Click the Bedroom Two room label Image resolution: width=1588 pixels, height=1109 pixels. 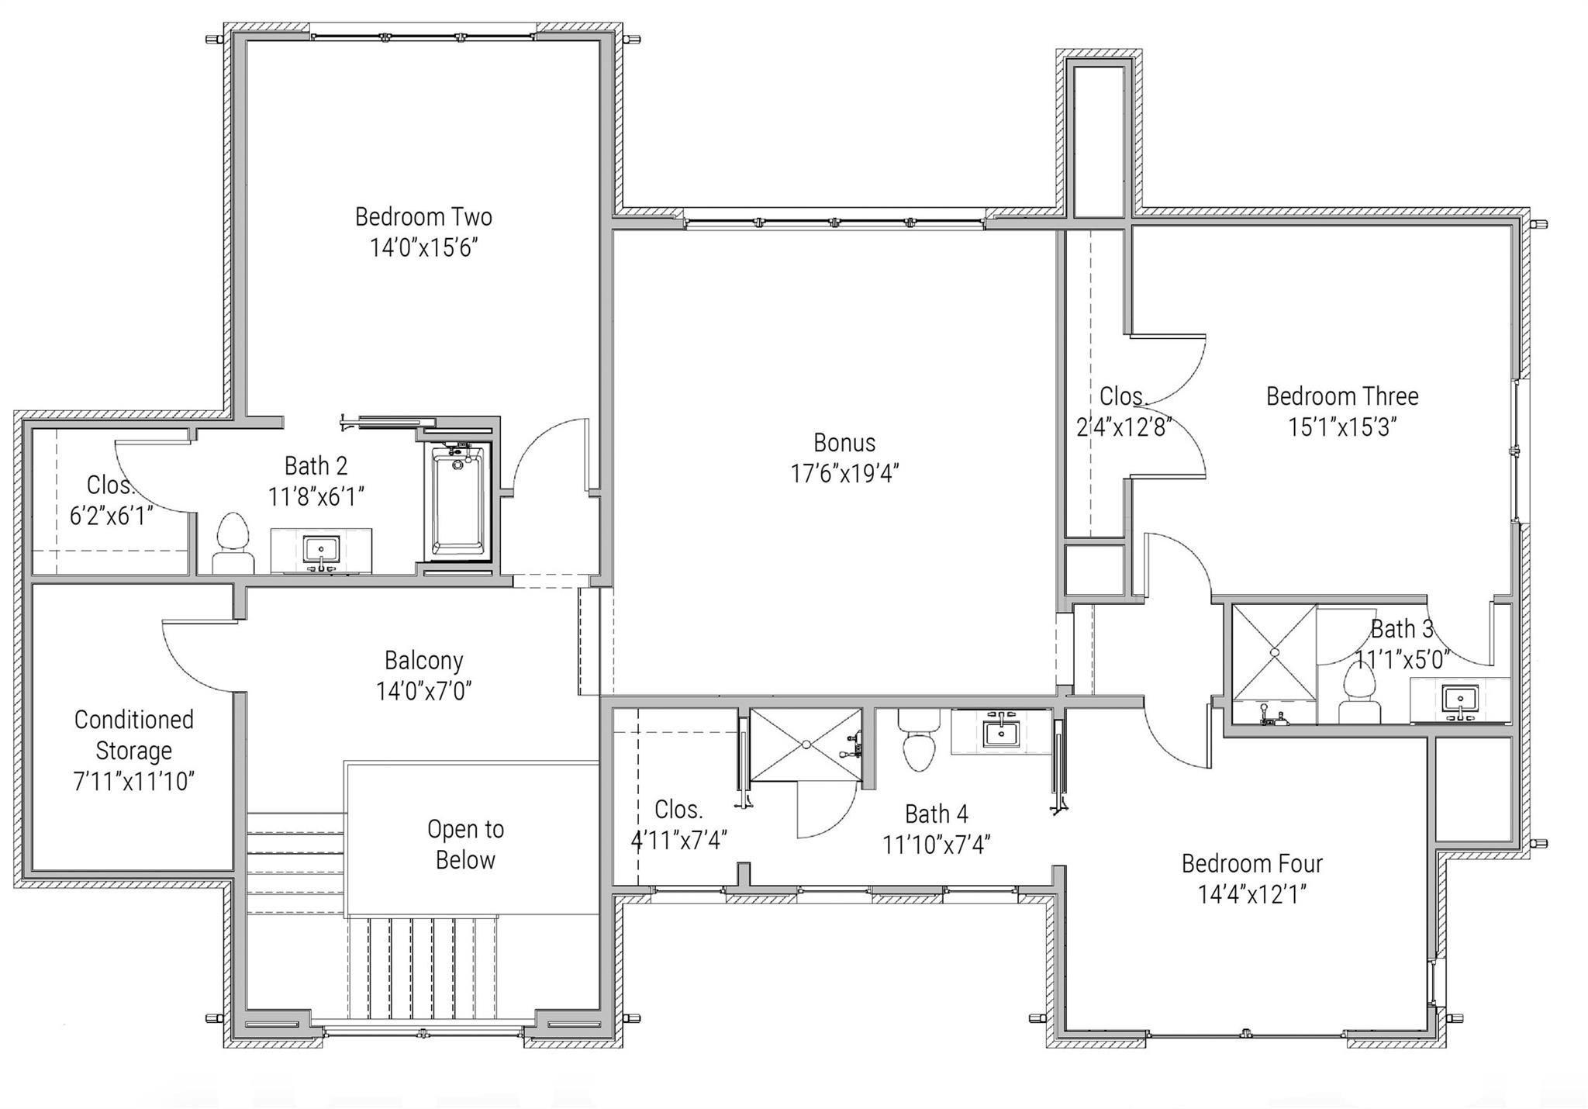423,216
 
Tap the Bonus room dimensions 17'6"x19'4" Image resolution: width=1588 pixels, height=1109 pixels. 844,473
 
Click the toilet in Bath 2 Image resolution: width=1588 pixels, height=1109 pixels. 233,543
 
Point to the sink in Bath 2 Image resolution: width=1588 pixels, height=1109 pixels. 321,551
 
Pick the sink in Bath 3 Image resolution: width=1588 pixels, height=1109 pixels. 1459,700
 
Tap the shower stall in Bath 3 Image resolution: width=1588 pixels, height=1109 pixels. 1274,653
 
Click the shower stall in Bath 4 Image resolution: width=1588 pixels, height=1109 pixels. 806,745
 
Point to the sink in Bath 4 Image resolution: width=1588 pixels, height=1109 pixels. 1001,731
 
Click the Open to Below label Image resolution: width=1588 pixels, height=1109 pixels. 465,845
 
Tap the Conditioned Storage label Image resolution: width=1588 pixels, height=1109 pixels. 133,734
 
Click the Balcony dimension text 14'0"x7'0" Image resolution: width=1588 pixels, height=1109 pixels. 423,690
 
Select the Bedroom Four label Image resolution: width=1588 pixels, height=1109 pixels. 1251,863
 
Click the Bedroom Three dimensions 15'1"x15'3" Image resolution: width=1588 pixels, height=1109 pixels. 1342,427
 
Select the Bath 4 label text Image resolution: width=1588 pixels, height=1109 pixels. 936,814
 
